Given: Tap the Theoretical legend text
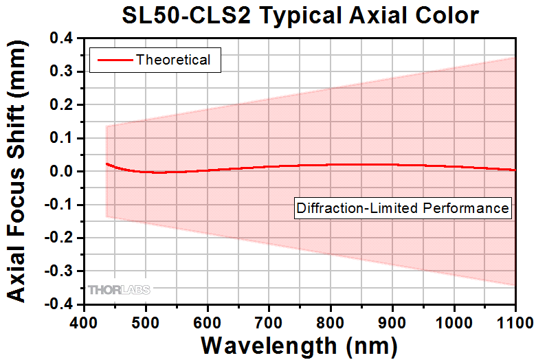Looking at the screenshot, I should point(173,60).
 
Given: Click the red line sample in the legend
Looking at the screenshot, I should point(114,60).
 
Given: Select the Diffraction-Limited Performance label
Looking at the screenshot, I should point(403,207).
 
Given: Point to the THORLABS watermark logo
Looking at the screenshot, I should point(119,291).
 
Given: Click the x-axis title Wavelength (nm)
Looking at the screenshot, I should point(300,343).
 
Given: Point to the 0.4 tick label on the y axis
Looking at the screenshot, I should point(64,39).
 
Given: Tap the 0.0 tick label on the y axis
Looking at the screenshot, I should point(64,172).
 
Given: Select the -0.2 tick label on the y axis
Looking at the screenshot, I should point(61,238).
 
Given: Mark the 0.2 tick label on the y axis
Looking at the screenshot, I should point(64,105).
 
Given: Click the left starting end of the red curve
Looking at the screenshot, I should point(106,164).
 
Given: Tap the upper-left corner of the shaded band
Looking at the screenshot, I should point(106,126).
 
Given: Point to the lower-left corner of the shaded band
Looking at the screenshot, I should point(106,217).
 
